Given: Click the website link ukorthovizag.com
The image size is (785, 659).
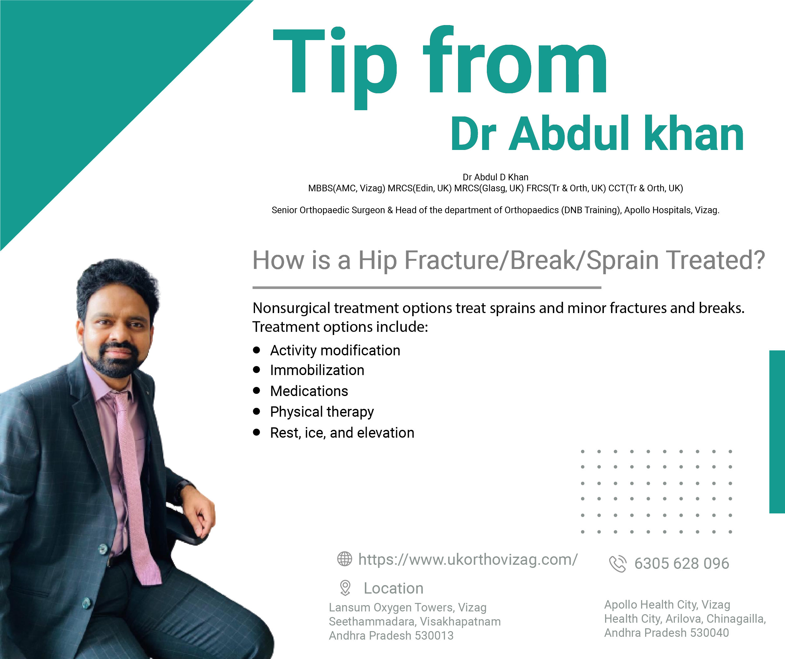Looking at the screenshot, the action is [468, 559].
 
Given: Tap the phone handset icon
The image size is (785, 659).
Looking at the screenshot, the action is [618, 563].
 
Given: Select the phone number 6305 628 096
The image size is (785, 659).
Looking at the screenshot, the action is [681, 563].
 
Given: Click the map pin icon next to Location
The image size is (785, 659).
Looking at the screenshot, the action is [345, 588].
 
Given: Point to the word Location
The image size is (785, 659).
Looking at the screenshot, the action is [394, 588].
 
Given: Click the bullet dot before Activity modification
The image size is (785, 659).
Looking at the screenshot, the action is [257, 350].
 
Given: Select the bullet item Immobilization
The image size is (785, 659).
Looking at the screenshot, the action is [317, 370].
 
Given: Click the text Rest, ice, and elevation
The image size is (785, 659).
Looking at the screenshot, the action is [342, 433].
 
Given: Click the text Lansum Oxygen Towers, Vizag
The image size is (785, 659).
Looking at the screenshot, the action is [407, 607].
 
